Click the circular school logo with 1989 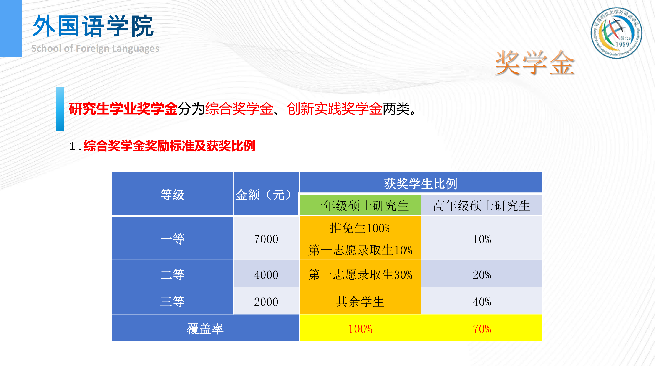[616, 33]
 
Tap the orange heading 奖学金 [534, 63]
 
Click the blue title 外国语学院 [93, 26]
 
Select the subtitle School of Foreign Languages [95, 48]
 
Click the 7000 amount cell [266, 239]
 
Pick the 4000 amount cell [266, 274]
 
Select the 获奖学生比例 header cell [421, 183]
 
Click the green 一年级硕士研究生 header [360, 205]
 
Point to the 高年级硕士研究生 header [482, 205]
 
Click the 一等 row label [172, 239]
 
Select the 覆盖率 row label [205, 328]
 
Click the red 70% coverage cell [482, 328]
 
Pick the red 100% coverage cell [360, 328]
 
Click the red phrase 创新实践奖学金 [335, 109]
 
